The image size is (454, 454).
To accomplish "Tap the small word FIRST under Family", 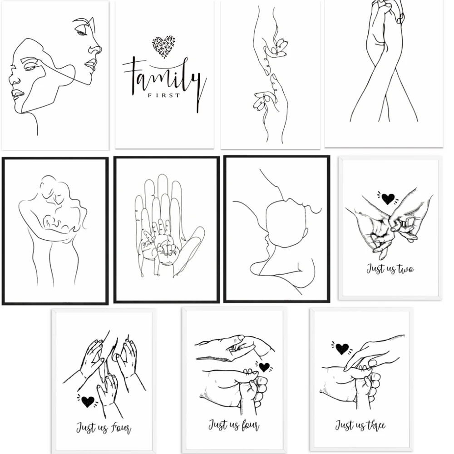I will coord(163,95).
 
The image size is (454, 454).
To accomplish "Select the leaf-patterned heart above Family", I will coord(163,47).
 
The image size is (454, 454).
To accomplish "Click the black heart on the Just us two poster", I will coord(388,198).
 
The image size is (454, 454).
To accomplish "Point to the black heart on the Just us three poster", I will coord(342,348).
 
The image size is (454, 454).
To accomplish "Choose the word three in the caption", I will coord(373,425).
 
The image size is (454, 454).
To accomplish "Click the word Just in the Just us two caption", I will coord(375,269).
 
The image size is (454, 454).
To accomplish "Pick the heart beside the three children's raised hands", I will coord(87,401).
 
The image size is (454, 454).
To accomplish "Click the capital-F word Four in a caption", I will coord(121,428).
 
